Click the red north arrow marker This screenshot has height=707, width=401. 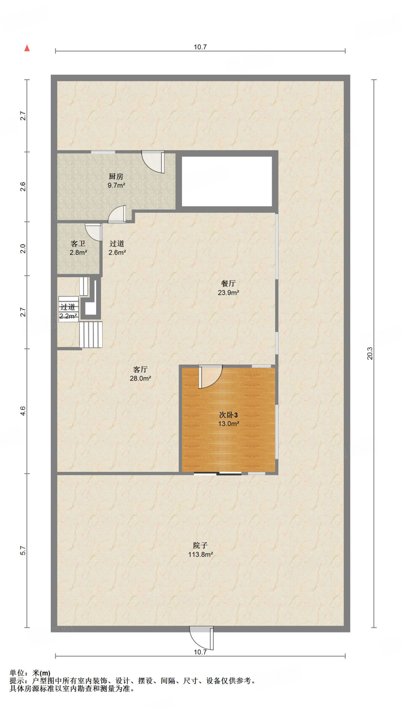tap(27, 48)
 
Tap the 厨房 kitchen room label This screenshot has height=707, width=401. tap(116, 176)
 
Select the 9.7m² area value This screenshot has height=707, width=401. tap(116, 185)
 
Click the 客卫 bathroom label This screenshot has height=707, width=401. tap(78, 244)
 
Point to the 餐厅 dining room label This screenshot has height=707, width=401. tap(228, 283)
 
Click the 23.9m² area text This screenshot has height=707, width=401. tap(228, 293)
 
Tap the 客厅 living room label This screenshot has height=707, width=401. tap(140, 369)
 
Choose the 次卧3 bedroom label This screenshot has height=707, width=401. tap(228, 415)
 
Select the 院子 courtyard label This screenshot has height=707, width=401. tap(200, 545)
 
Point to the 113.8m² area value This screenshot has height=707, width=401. tap(200, 555)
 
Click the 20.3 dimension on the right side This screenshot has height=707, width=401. tap(370, 353)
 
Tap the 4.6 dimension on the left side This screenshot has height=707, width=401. tap(23, 411)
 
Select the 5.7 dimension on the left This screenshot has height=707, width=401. tap(23, 550)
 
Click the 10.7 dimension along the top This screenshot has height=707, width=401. tap(200, 47)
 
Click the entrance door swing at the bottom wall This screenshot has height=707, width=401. tap(202, 638)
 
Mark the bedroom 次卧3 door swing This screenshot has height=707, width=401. tap(210, 376)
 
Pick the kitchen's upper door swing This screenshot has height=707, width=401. tap(153, 162)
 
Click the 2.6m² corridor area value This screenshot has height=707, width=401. tap(117, 253)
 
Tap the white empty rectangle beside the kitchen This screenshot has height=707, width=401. tap(227, 182)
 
